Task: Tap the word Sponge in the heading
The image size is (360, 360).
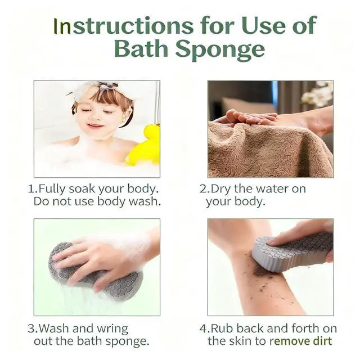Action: coord(220,49)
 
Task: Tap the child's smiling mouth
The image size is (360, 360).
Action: coord(94,125)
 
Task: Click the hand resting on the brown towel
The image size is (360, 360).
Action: coord(250,117)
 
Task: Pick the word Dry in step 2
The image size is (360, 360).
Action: coord(221,190)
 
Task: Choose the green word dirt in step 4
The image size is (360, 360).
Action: coord(322,341)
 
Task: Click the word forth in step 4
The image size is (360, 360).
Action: coord(305,328)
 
